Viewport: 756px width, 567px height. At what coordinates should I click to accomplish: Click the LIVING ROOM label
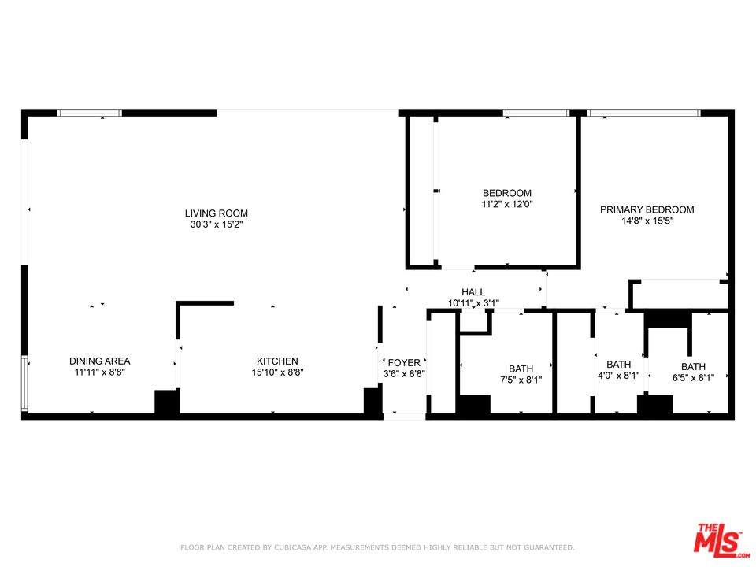pyautogui.click(x=216, y=213)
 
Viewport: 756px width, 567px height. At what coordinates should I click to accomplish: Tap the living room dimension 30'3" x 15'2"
pyautogui.click(x=216, y=224)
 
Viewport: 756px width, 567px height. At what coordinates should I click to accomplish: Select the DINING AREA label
pyautogui.click(x=99, y=361)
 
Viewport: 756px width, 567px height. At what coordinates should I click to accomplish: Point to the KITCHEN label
pyautogui.click(x=275, y=361)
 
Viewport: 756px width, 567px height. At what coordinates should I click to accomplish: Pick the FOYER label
pyautogui.click(x=404, y=363)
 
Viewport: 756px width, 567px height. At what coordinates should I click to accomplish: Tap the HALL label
pyautogui.click(x=473, y=291)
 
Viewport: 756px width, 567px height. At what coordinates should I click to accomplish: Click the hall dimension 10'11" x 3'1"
pyautogui.click(x=473, y=302)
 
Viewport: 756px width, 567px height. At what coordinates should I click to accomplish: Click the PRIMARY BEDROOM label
pyautogui.click(x=647, y=209)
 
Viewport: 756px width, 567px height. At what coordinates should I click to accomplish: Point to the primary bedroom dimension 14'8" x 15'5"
pyautogui.click(x=647, y=221)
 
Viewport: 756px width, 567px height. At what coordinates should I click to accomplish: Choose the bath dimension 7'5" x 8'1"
pyautogui.click(x=521, y=380)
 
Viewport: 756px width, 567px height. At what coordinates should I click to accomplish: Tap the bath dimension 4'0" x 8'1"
pyautogui.click(x=618, y=376)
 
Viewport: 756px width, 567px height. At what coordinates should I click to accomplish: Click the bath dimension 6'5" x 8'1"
pyautogui.click(x=693, y=378)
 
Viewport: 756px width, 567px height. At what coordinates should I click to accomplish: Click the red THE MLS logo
pyautogui.click(x=717, y=539)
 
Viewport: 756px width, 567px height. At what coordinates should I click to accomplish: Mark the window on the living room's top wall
pyautogui.click(x=90, y=113)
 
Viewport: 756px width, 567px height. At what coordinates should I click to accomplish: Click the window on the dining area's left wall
pyautogui.click(x=25, y=384)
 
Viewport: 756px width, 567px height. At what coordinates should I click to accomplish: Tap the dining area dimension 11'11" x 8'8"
pyautogui.click(x=99, y=372)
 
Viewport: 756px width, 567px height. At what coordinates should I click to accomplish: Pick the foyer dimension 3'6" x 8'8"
pyautogui.click(x=404, y=374)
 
